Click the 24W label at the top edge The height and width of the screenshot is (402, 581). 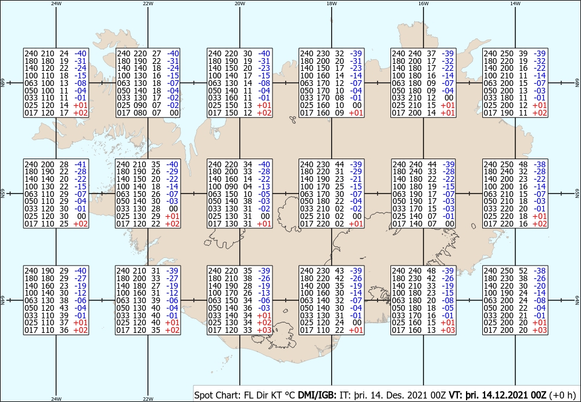56,3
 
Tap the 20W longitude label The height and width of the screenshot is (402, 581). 240,3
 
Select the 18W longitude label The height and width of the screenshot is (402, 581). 332,3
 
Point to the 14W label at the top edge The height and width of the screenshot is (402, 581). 515,3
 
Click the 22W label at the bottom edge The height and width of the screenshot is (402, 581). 148,399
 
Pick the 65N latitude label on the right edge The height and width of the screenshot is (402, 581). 578,193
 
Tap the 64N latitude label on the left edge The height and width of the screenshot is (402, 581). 3,300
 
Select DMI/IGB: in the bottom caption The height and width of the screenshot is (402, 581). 317,395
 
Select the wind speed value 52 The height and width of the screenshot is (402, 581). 526,271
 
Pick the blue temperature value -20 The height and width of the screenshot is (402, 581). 540,286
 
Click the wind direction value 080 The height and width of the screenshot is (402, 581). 139,113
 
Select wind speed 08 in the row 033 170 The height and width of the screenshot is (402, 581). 339,98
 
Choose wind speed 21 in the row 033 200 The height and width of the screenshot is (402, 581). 526,315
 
